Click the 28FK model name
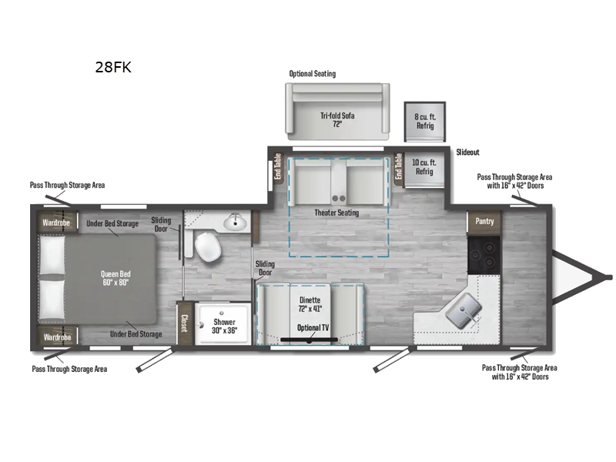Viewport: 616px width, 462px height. (113, 67)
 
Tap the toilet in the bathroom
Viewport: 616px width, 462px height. (207, 248)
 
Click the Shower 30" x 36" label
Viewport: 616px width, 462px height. (226, 326)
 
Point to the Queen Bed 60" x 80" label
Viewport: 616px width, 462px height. (113, 278)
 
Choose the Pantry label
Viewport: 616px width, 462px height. (484, 222)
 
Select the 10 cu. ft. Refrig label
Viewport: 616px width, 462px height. (424, 166)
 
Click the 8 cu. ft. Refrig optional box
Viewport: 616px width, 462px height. (425, 121)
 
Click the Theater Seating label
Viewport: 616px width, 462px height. (336, 213)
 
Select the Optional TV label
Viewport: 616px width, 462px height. (313, 328)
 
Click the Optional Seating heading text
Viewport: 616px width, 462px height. (313, 74)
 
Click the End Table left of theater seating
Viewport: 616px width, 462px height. (278, 166)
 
